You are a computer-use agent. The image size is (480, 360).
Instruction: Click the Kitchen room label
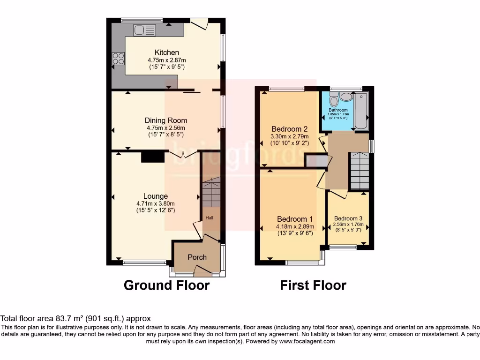point(166,52)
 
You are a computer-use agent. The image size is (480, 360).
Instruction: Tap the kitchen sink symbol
point(144,30)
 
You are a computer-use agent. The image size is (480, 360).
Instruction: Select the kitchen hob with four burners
point(118,59)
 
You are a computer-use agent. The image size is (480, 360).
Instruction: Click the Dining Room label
point(165,120)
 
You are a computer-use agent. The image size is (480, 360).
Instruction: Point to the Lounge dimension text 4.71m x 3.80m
point(155,203)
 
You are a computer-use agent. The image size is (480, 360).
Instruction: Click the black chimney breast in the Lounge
point(152,156)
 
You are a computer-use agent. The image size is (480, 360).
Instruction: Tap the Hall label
point(209,218)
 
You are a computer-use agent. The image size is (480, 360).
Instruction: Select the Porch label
point(197,257)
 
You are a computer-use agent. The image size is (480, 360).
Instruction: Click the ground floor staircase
point(211,192)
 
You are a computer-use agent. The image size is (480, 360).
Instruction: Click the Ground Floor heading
point(166,285)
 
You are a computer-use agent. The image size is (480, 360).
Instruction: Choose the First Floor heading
point(313,285)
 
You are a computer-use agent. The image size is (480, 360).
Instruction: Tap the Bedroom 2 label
point(290,129)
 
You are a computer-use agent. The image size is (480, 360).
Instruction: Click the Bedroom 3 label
point(348,218)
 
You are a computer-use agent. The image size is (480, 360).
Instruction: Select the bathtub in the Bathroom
point(361,112)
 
